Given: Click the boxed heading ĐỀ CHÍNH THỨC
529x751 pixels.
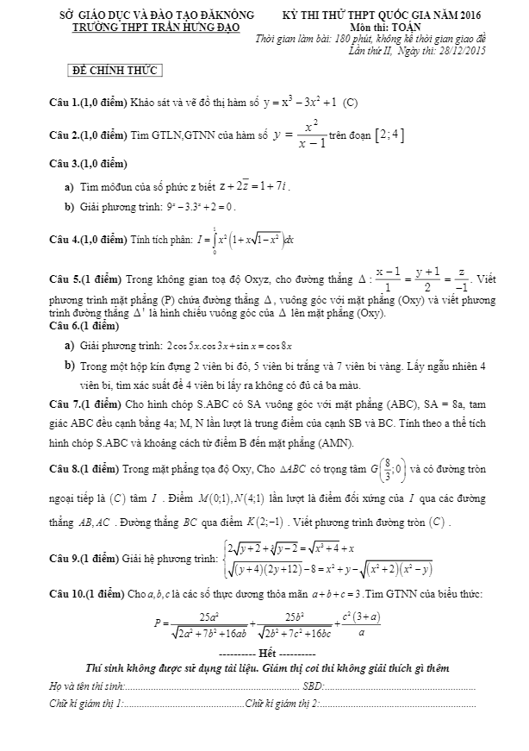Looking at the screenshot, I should (115, 71).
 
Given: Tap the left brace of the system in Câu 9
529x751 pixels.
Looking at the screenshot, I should (224, 557).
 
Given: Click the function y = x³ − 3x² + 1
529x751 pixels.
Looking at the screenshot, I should (299, 103).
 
